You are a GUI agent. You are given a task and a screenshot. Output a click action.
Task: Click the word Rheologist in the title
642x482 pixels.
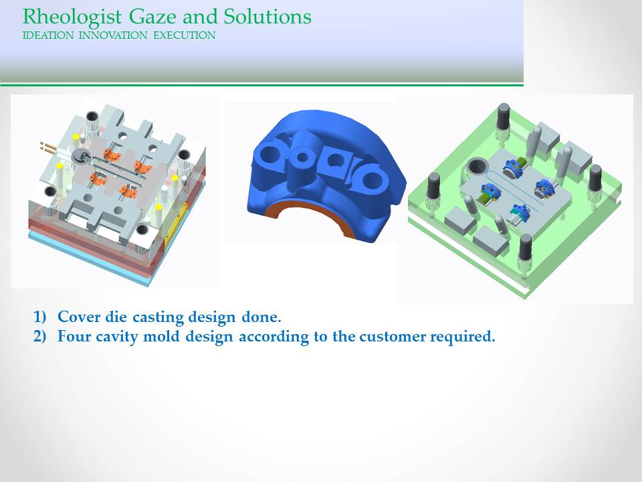(x=72, y=17)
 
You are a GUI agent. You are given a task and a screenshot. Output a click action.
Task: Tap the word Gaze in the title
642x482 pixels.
(x=153, y=17)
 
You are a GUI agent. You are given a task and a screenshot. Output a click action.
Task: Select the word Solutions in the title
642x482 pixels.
(x=267, y=16)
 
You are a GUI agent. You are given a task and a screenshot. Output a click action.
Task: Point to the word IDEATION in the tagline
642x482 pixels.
(x=48, y=35)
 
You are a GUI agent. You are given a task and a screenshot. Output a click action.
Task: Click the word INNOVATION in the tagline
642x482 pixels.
(x=112, y=35)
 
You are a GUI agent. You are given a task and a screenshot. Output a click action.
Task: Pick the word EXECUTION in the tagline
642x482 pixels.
(x=185, y=35)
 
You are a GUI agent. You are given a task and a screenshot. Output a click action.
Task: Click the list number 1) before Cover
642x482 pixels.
(x=39, y=317)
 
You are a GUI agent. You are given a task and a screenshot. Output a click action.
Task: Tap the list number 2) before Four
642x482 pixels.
(x=39, y=336)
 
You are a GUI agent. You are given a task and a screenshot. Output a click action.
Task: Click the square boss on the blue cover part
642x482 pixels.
(x=335, y=163)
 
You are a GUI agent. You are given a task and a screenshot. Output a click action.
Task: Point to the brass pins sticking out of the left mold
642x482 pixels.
(x=49, y=147)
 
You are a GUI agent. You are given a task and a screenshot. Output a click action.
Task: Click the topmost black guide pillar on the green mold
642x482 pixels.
(x=503, y=116)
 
